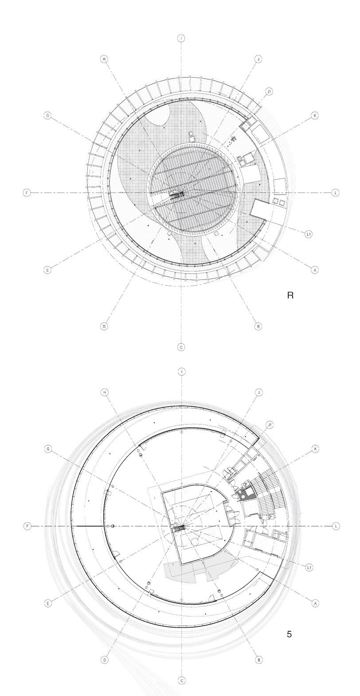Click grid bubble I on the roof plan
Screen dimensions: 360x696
pyautogui.click(x=181, y=38)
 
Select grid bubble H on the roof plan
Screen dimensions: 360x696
pyautogui.click(x=104, y=59)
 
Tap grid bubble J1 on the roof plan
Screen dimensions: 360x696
pyautogui.click(x=269, y=91)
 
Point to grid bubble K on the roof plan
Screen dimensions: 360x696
pyautogui.click(x=315, y=116)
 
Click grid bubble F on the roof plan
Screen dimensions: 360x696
pyautogui.click(x=27, y=193)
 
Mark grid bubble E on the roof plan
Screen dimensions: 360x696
pyautogui.click(x=47, y=270)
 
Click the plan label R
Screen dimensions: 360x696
pyautogui.click(x=290, y=295)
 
